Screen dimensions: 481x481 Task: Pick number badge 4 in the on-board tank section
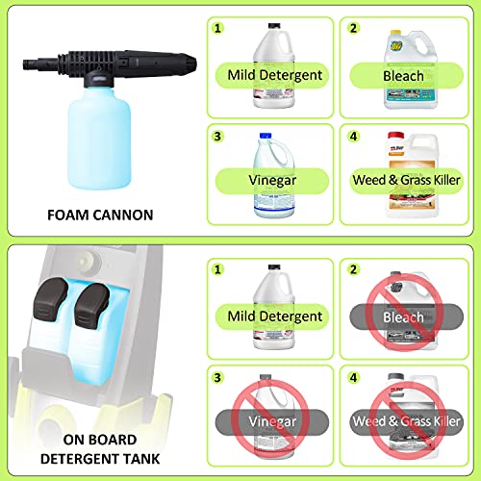[x=352, y=378]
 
